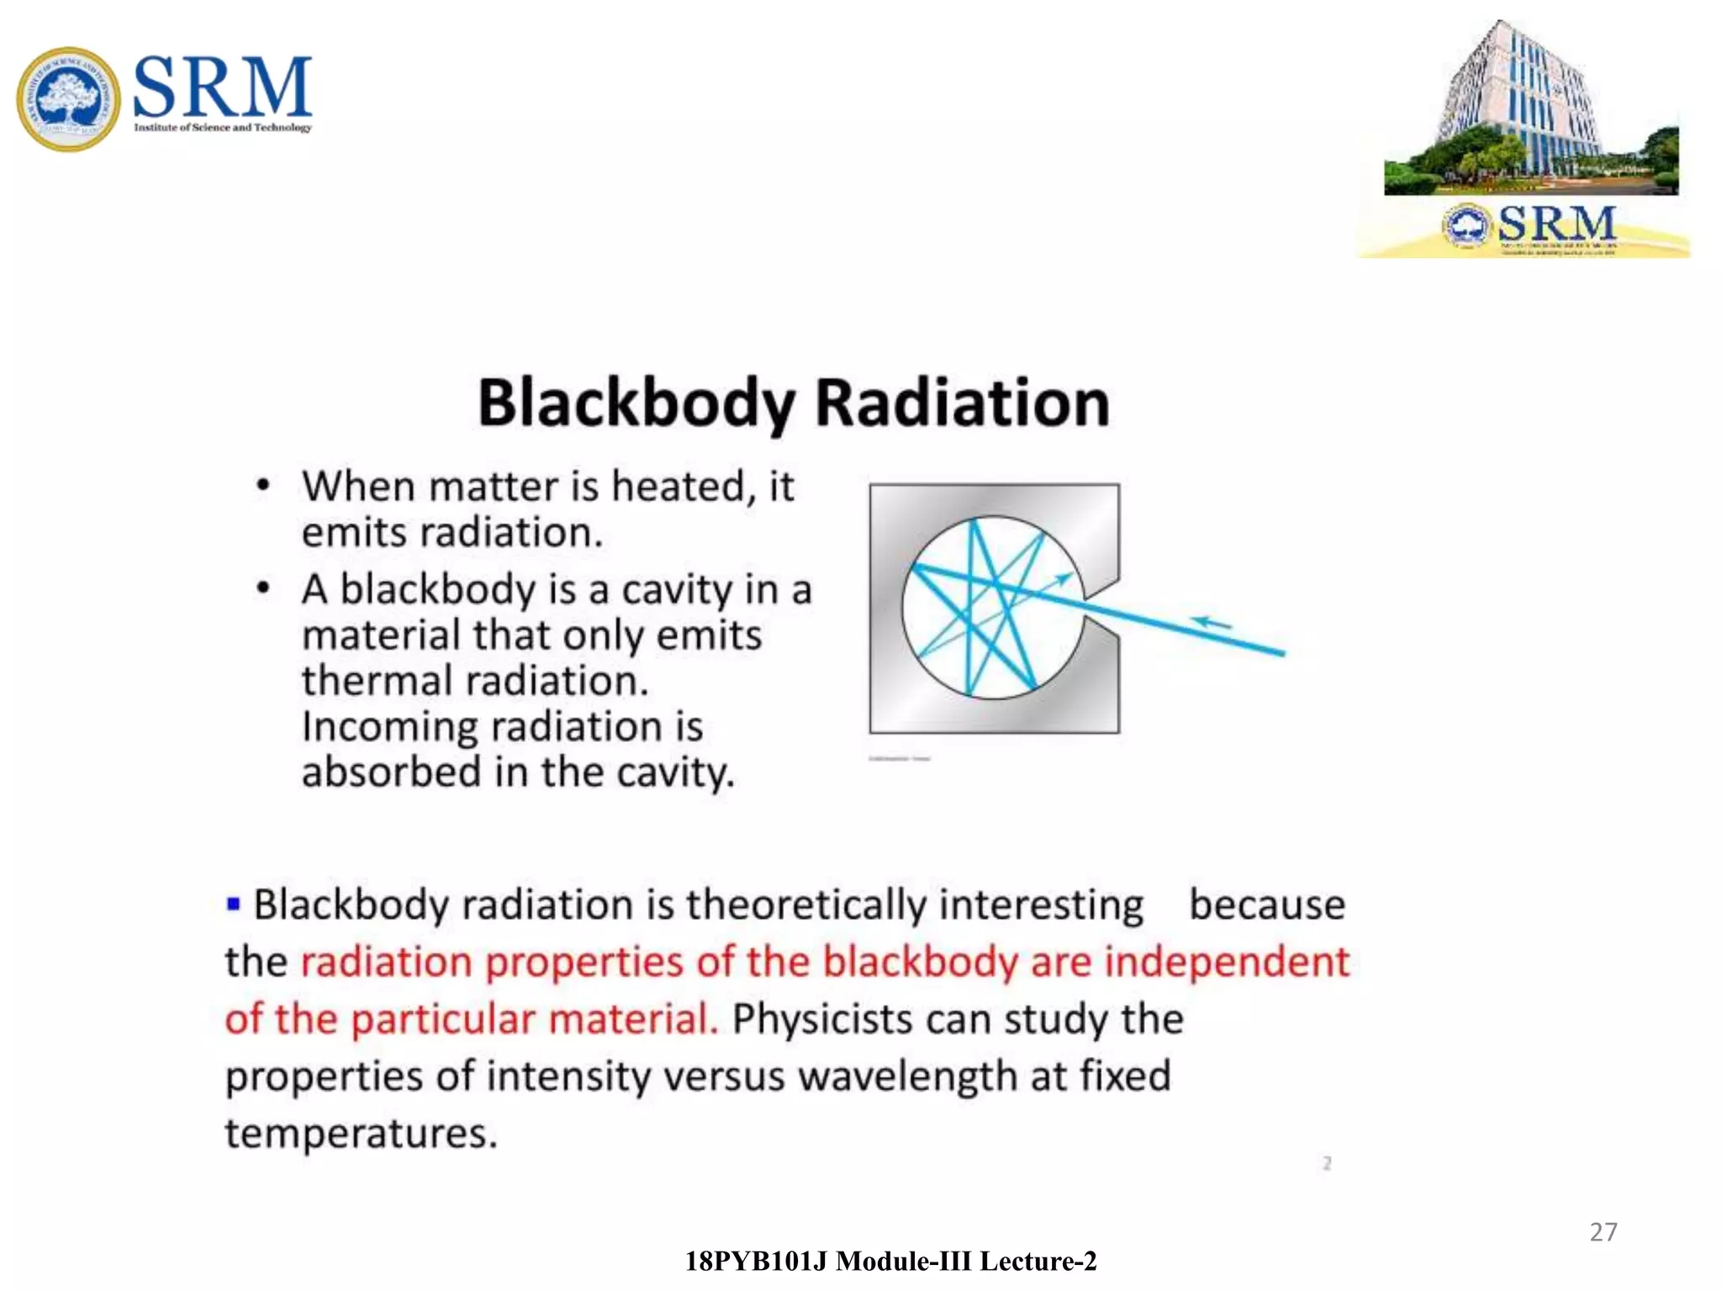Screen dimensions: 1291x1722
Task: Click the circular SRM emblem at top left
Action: pyautogui.click(x=69, y=99)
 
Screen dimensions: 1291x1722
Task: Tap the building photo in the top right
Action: pyautogui.click(x=1530, y=109)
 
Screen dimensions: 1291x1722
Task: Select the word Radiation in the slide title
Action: pyautogui.click(x=962, y=404)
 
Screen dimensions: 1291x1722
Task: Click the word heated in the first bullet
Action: pyautogui.click(x=678, y=487)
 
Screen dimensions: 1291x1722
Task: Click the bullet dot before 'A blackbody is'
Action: pyautogui.click(x=263, y=588)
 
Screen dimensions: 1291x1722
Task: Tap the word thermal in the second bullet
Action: pyautogui.click(x=378, y=681)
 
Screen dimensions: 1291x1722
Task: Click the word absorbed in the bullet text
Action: pyautogui.click(x=391, y=772)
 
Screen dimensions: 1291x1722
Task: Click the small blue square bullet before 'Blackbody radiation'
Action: pyautogui.click(x=234, y=904)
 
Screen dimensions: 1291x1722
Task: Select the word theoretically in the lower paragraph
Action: pyautogui.click(x=806, y=905)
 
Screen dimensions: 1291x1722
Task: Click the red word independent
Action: pyautogui.click(x=1227, y=962)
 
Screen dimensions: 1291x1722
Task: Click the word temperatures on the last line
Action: pyautogui.click(x=361, y=1133)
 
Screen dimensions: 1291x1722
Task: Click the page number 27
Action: pyautogui.click(x=1603, y=1232)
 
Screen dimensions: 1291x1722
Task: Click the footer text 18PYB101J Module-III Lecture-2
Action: pyautogui.click(x=890, y=1262)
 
